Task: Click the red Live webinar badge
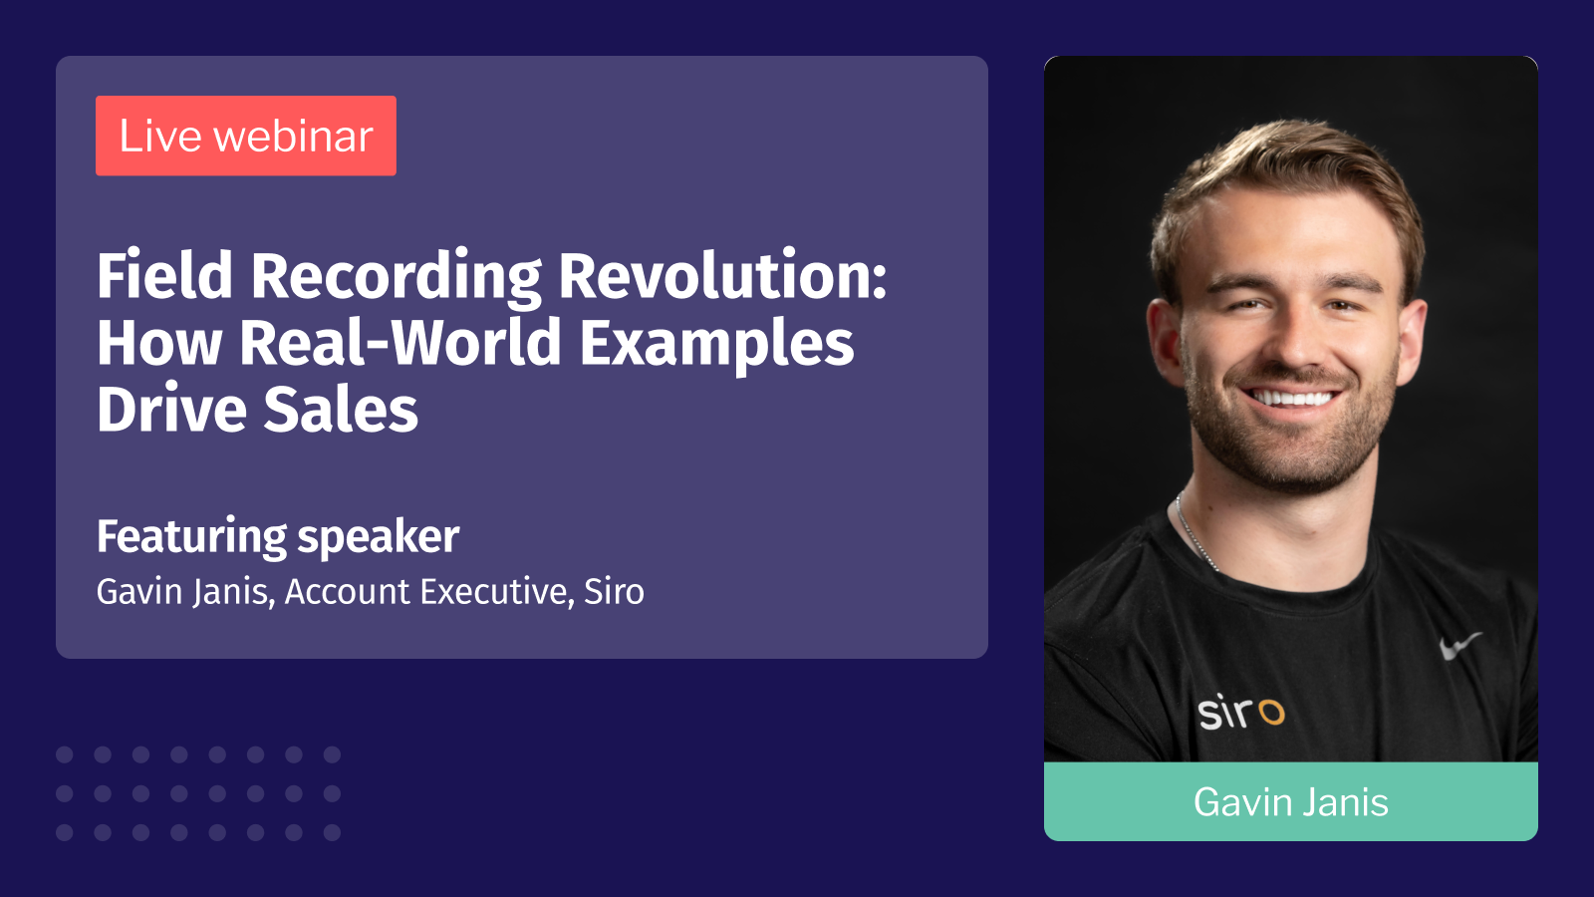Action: (245, 136)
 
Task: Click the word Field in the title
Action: (164, 276)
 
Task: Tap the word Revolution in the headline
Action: (722, 276)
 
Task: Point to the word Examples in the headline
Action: (716, 344)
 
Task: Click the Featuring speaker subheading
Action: (278, 536)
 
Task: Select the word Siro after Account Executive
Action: (614, 592)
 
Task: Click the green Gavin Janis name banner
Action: (1290, 801)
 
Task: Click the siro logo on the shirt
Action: (1240, 712)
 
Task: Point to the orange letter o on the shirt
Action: (1271, 713)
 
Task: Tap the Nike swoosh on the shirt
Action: (1460, 645)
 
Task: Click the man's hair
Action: (1285, 164)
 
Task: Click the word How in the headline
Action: (159, 344)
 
